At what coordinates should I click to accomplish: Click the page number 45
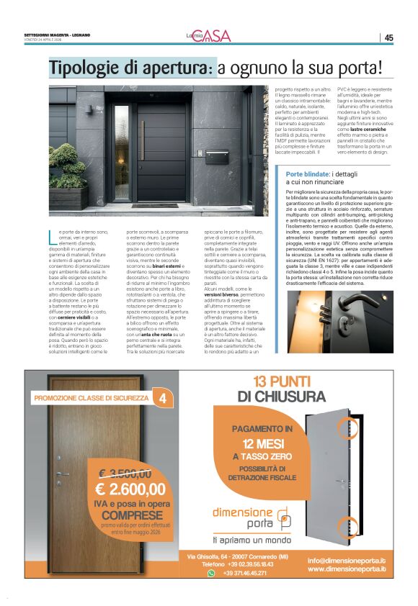(x=388, y=37)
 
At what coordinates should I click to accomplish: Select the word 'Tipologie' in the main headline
(x=83, y=68)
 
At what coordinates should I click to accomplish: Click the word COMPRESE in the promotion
(x=131, y=515)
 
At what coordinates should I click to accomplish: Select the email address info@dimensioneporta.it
(x=346, y=559)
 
